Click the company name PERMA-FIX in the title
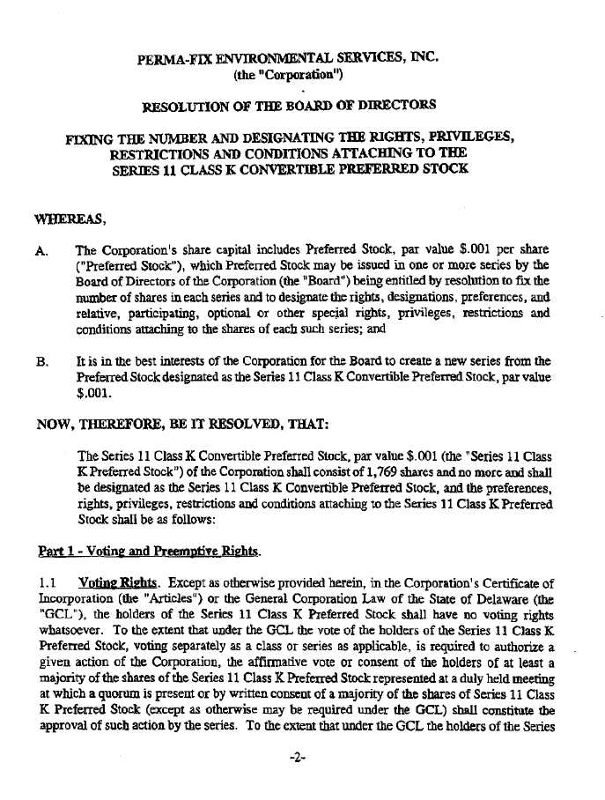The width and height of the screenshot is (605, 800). click(x=168, y=61)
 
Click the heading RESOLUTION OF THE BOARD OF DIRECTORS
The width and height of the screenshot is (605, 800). click(x=289, y=107)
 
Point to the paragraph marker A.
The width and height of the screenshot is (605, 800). click(x=41, y=250)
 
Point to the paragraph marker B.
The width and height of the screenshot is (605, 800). click(x=41, y=360)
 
